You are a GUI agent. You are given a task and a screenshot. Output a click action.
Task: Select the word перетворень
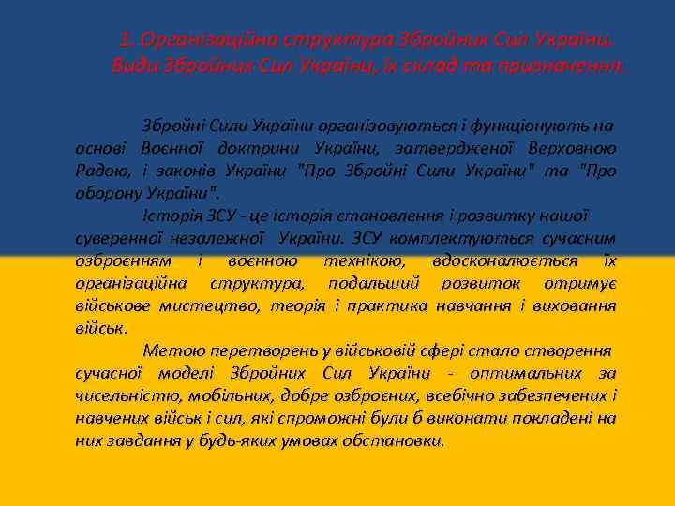point(267,350)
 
